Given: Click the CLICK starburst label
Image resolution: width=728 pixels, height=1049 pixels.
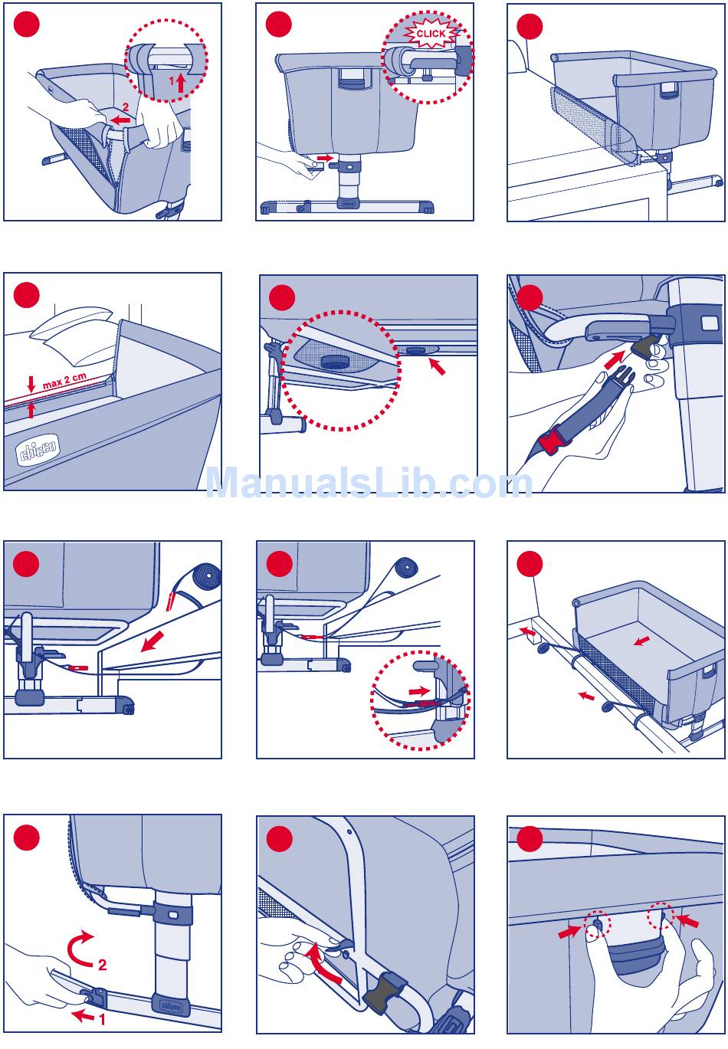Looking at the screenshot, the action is point(431,34).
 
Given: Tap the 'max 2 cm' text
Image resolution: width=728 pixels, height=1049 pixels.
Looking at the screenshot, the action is point(64,380).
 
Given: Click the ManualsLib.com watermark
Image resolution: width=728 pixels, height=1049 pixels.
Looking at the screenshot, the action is point(369,484).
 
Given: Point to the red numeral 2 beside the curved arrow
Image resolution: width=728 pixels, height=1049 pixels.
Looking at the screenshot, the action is point(102,965).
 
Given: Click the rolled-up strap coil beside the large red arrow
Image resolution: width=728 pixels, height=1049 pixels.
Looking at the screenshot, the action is point(205,574).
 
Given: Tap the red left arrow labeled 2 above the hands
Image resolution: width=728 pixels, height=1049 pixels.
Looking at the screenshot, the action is point(120,120).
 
